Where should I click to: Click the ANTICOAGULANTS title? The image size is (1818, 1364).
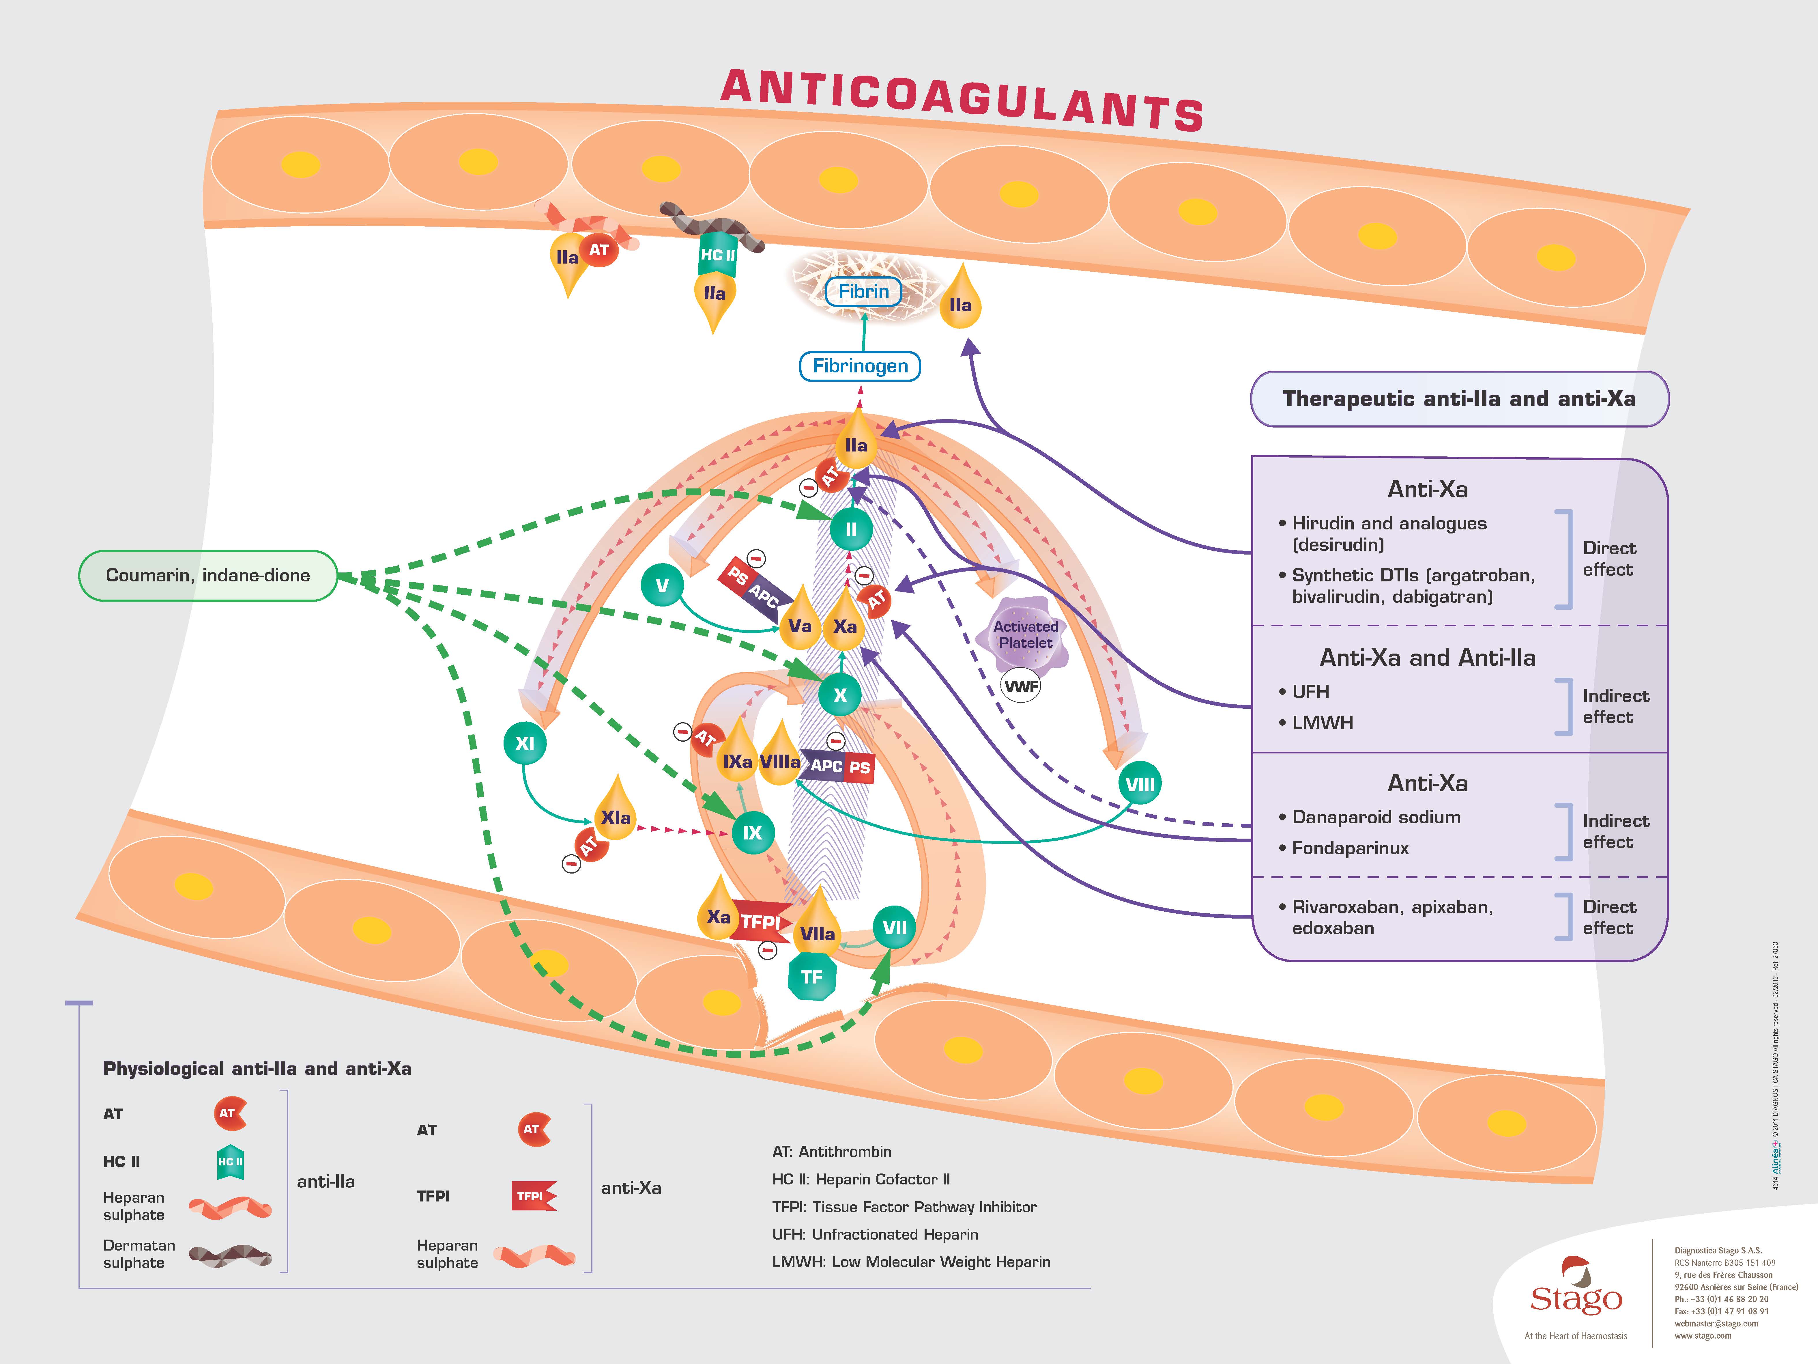point(962,100)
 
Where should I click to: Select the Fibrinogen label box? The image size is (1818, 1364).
point(860,366)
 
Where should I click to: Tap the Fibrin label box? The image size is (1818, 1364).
point(863,291)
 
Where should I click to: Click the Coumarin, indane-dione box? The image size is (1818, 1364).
point(208,576)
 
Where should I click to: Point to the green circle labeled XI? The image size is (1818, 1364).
point(524,743)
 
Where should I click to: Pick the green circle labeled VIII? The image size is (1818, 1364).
point(1139,784)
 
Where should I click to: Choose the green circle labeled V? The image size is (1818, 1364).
point(662,585)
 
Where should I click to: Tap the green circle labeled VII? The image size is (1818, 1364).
point(894,928)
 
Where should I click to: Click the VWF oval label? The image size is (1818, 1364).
point(1021,686)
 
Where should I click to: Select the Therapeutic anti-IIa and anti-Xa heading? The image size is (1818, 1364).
point(1459,399)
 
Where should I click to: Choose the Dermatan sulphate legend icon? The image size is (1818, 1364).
point(230,1255)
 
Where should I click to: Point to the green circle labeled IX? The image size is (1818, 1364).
point(752,833)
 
